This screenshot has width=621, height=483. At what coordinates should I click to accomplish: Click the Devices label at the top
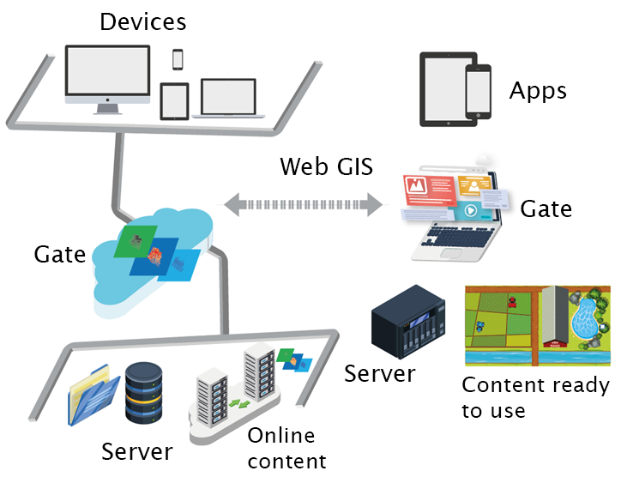click(x=142, y=21)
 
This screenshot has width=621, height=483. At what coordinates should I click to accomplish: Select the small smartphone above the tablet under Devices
click(x=178, y=58)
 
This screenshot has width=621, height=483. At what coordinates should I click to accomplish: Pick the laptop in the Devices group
click(x=228, y=98)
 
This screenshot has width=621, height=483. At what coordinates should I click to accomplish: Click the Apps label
click(x=538, y=91)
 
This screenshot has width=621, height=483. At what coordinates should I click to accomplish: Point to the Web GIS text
click(x=326, y=166)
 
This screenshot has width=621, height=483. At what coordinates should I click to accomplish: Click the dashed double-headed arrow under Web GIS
click(x=302, y=204)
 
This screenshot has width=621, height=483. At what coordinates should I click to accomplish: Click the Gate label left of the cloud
click(x=59, y=254)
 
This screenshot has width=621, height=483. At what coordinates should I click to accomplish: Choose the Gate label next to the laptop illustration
click(x=546, y=208)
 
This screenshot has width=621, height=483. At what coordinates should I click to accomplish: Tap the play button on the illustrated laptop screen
click(x=470, y=209)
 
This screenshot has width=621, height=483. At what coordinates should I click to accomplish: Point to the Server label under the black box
click(x=379, y=373)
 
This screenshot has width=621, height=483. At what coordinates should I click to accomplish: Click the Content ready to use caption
click(x=535, y=397)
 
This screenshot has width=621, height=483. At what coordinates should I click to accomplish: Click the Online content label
click(x=286, y=448)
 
